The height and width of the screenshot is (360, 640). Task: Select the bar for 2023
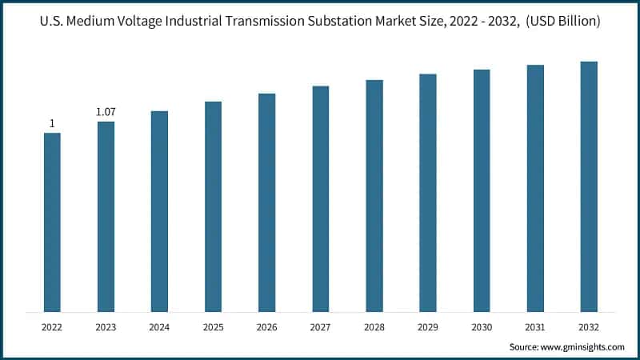(106, 216)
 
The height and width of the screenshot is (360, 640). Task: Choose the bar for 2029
(427, 192)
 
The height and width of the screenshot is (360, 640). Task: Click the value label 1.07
(106, 112)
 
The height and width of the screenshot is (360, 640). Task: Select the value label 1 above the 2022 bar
(52, 123)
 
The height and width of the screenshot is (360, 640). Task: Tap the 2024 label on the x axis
(159, 327)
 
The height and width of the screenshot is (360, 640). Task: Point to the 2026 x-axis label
(266, 327)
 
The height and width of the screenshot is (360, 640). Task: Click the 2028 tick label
(374, 327)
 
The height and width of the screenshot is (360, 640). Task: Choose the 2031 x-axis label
(534, 327)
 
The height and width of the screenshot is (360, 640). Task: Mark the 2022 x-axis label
(52, 327)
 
